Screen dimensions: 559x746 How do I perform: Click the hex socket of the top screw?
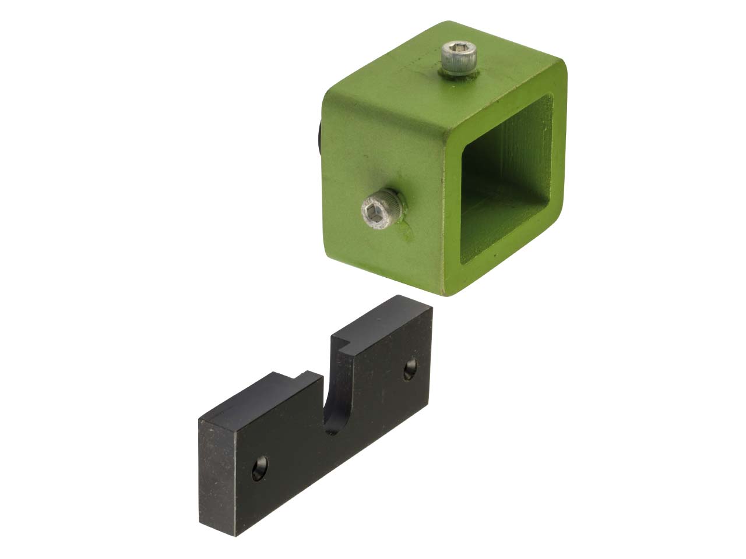click(x=459, y=51)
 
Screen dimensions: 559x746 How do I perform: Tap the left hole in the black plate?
click(x=260, y=468)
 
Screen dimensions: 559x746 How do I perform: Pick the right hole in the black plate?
click(x=411, y=369)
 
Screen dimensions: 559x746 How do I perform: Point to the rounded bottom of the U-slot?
click(x=334, y=428)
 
